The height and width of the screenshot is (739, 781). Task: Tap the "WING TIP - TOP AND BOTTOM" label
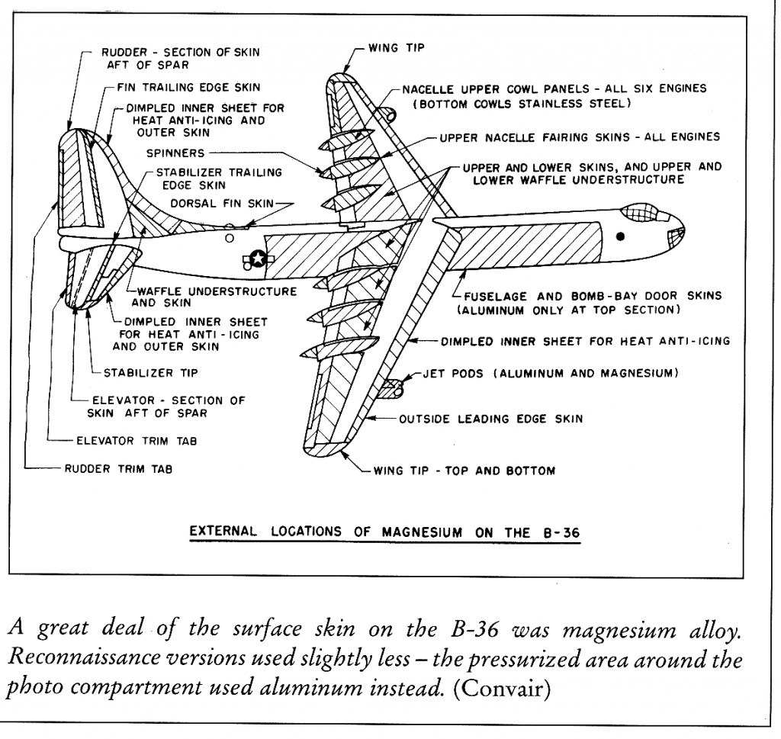pos(464,470)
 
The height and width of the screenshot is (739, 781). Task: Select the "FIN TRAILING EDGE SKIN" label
pos(188,88)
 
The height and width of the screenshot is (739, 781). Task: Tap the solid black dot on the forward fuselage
pos(620,236)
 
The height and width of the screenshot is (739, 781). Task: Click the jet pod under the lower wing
pos(394,389)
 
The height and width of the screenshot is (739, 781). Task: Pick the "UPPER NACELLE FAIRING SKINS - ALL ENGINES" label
pos(579,137)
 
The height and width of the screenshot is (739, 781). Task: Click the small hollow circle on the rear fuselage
pos(230,237)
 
